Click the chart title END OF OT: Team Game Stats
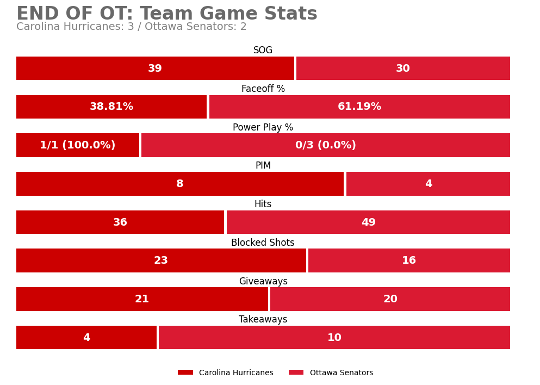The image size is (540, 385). click(x=166, y=14)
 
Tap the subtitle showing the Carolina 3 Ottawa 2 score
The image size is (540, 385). click(x=131, y=27)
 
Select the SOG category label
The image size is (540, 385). click(x=263, y=51)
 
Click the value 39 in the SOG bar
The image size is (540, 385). click(x=155, y=69)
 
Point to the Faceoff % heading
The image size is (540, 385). click(x=263, y=89)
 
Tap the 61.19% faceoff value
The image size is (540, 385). click(x=359, y=107)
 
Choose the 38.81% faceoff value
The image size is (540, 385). click(x=111, y=107)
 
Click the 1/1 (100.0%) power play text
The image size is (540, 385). click(x=78, y=146)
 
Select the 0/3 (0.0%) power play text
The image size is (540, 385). click(x=325, y=146)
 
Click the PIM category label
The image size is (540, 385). click(x=263, y=166)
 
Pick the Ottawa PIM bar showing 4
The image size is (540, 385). click(x=428, y=184)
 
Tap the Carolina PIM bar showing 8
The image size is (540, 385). click(x=179, y=184)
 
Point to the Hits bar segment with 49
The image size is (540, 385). click(x=368, y=222)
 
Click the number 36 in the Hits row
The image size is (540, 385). click(x=120, y=222)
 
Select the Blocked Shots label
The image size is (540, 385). click(x=263, y=243)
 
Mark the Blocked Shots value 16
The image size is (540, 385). click(x=409, y=261)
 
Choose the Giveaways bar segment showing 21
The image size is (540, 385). click(x=142, y=299)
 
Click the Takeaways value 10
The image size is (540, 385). click(x=334, y=338)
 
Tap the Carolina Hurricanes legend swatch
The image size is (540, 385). click(x=185, y=372)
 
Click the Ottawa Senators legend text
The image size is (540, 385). click(x=341, y=373)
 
